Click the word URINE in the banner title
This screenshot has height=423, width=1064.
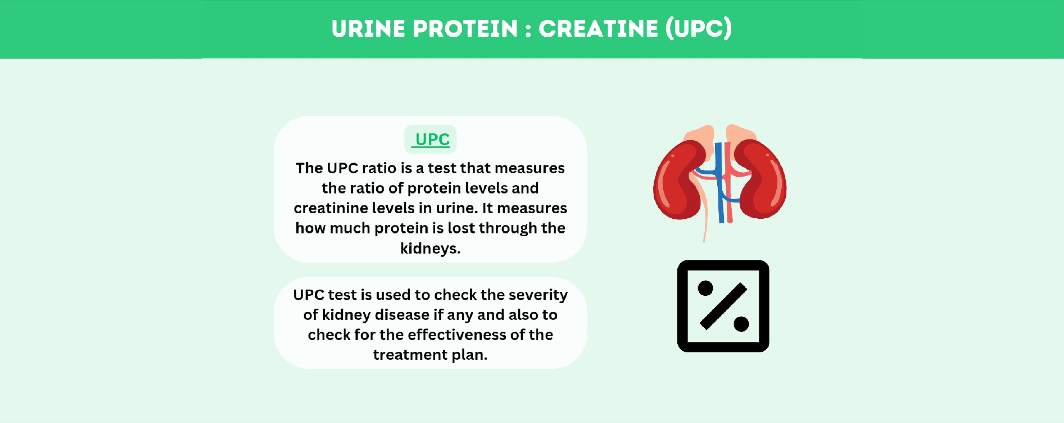tap(368, 29)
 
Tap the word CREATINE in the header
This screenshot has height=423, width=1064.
tap(598, 29)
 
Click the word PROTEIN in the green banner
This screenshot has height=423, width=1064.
tap(465, 29)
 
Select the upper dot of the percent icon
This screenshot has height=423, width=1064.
tap(705, 288)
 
